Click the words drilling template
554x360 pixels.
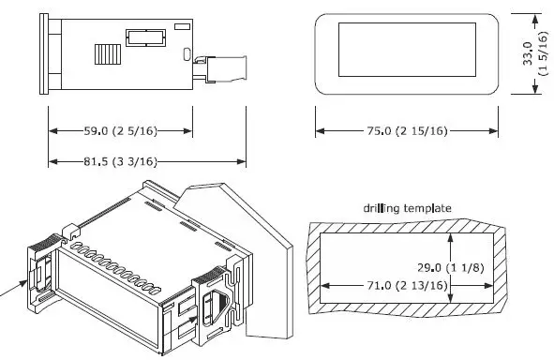408,208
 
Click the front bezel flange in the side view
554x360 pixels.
43,53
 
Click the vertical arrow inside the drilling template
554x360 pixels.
451,266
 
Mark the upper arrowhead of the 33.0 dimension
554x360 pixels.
534,18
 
